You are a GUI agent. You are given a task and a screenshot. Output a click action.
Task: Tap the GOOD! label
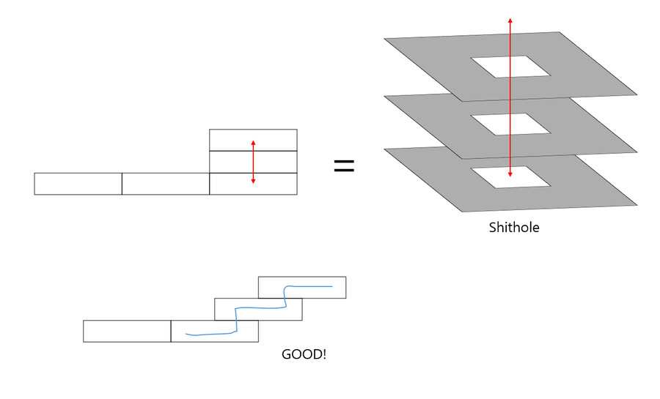(304, 354)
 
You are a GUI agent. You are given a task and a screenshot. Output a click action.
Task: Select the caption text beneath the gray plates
(513, 228)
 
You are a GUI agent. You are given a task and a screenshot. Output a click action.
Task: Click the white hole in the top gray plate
(510, 67)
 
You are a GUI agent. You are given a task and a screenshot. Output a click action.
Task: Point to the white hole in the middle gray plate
(510, 124)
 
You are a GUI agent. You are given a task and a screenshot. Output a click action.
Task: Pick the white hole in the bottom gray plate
(510, 177)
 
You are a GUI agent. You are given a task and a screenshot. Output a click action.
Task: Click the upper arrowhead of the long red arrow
(510, 20)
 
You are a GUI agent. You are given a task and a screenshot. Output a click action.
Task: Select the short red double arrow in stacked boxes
(253, 161)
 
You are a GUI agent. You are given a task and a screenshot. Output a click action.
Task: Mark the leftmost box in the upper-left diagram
(78, 183)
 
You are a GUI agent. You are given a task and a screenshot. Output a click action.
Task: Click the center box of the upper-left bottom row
(165, 183)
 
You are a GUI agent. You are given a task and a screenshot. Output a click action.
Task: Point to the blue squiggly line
(237, 315)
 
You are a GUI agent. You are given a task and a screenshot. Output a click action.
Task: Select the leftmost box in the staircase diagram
(127, 331)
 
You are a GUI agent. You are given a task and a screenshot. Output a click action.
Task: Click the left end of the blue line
(186, 335)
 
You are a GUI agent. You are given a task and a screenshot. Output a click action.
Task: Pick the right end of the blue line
(332, 286)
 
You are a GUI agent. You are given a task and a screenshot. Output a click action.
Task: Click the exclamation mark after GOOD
(324, 354)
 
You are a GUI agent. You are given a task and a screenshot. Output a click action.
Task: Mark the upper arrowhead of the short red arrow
(253, 142)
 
